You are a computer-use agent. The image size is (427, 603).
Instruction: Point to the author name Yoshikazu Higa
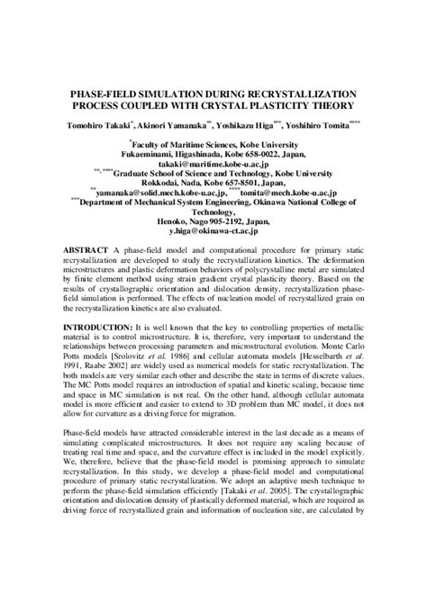coord(258,123)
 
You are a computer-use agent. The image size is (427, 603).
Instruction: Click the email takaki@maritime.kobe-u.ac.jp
coord(213,166)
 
